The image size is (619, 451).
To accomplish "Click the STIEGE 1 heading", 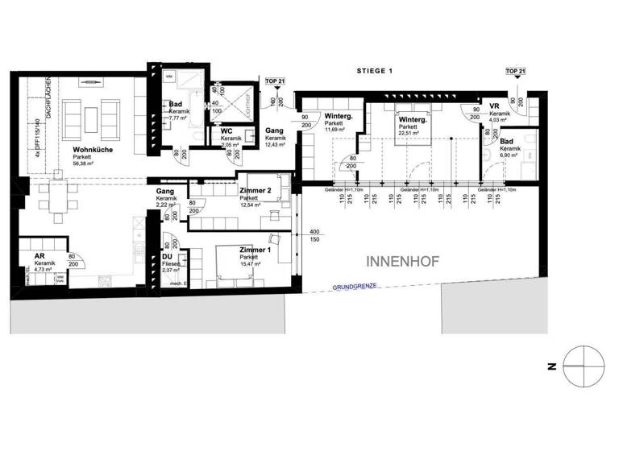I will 374,71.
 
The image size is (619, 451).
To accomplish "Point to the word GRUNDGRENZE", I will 355,286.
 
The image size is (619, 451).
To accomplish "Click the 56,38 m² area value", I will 90,163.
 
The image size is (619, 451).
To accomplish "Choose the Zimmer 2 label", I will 255,190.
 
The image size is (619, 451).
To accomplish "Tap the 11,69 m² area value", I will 334,129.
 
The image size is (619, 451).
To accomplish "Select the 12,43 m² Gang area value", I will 276,143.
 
